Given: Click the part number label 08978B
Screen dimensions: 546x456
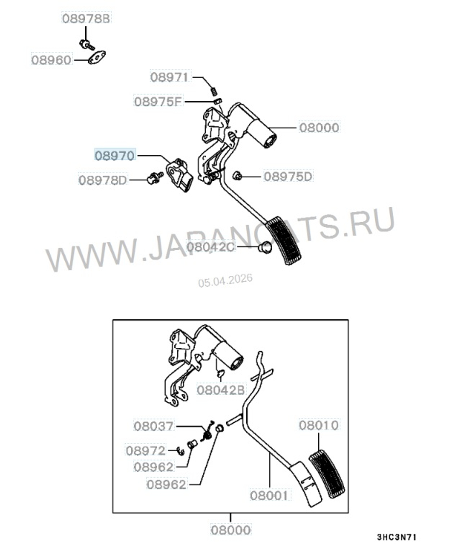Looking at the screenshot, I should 87,19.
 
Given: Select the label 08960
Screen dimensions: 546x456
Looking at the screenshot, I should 52,60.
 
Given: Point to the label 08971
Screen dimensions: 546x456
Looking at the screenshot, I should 170,77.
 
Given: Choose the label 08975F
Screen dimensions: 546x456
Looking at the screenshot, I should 158,100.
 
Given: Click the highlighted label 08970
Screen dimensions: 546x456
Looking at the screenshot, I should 115,156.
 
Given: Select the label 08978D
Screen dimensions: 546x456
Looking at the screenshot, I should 103,180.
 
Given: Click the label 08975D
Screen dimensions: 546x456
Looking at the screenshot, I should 288,176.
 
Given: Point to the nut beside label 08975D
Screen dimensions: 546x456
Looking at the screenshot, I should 237,175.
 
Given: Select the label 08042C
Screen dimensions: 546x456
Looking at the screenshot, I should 210,247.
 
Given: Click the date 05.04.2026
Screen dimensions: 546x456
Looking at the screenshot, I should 225,280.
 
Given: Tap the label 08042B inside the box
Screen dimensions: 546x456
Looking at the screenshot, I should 221,390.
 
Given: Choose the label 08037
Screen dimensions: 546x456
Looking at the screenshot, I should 154,426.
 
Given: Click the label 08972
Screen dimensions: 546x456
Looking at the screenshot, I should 146,451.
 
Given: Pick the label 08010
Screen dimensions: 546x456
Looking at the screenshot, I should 319,425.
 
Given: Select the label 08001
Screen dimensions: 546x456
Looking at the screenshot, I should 269,494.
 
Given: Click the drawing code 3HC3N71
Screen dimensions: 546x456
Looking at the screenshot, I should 396,537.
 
